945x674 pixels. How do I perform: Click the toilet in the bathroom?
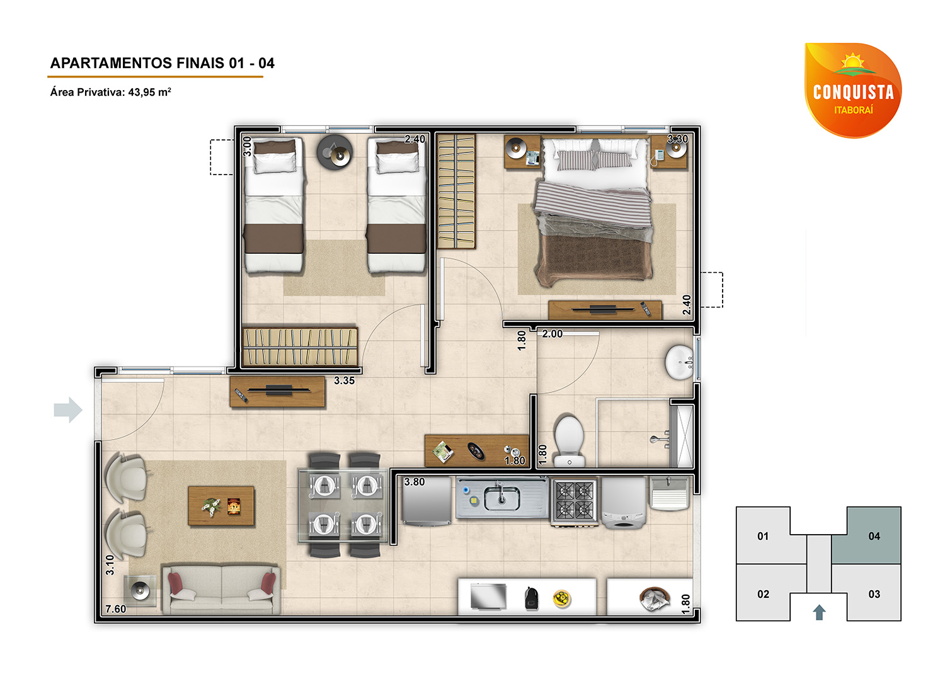(570, 442)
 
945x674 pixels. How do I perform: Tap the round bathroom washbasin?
(679, 362)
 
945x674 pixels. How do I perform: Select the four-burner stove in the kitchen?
(574, 501)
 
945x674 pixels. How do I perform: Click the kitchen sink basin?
(501, 498)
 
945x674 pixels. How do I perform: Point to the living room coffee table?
(221, 506)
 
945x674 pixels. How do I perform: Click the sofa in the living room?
(221, 589)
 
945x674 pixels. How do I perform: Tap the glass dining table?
(343, 505)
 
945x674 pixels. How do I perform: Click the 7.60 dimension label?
(115, 608)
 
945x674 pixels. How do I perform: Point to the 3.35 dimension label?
(344, 380)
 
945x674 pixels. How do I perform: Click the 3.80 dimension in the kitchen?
(415, 482)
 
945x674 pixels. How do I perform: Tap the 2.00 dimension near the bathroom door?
(553, 334)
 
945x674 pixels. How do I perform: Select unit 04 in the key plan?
(874, 535)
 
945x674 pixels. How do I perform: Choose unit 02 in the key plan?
(763, 594)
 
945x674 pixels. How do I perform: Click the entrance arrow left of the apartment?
(68, 409)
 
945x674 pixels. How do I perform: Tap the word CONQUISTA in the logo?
(853, 92)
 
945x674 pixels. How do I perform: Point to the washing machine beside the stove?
(623, 502)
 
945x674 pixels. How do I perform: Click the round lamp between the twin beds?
(335, 152)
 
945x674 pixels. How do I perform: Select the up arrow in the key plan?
(819, 612)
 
